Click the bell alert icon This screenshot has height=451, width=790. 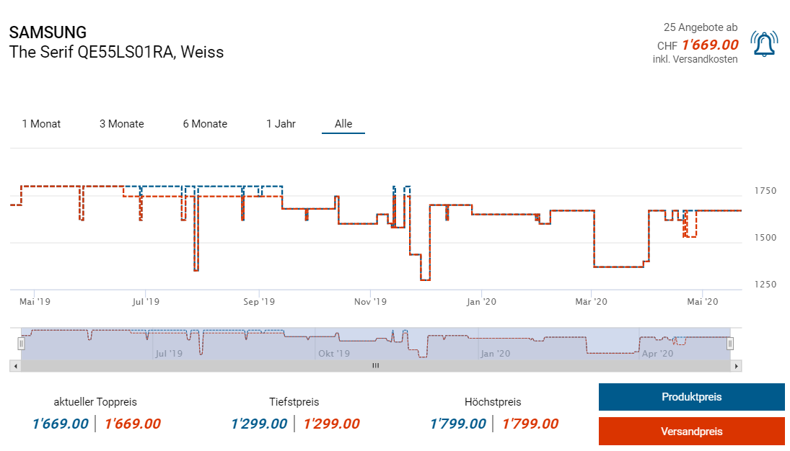click(764, 44)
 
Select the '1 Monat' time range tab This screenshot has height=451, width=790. click(41, 124)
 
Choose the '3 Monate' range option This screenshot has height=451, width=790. click(122, 124)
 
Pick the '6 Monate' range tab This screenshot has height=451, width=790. click(205, 124)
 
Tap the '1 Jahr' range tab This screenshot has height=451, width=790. click(281, 124)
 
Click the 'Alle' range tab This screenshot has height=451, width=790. click(343, 124)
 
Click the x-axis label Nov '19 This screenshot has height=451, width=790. click(372, 302)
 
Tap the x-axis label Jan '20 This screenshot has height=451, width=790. click(482, 302)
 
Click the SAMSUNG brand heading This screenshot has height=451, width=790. click(48, 32)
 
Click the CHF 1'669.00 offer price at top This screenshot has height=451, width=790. click(709, 45)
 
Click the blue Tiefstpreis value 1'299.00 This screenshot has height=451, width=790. click(259, 424)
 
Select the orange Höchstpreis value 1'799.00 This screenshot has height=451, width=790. click(530, 424)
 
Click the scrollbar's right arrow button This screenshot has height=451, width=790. click(736, 366)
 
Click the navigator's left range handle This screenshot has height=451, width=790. click(21, 344)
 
